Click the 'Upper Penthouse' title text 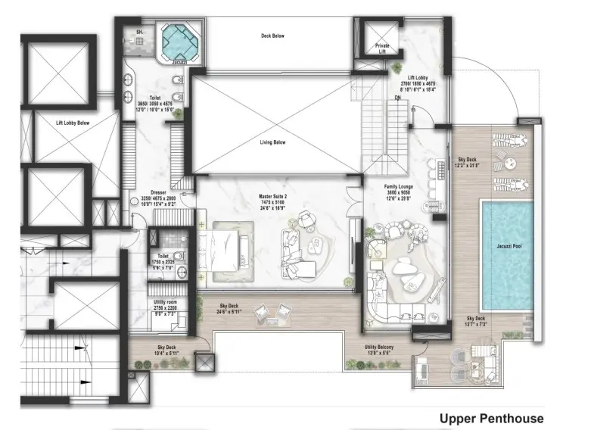click(x=491, y=418)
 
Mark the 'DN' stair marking click(x=398, y=98)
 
